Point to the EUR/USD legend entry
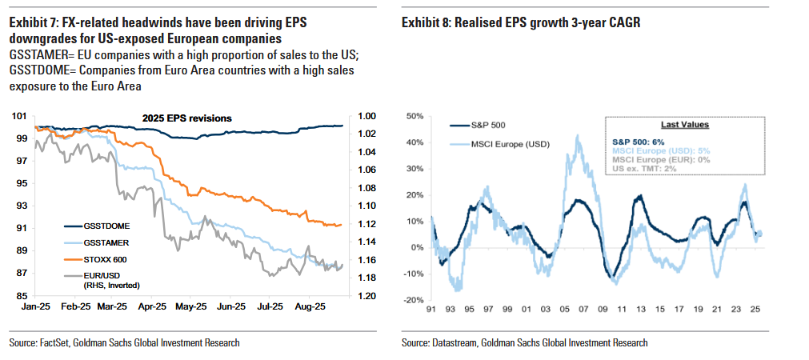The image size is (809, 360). (81, 274)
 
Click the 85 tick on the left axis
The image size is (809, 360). (21, 296)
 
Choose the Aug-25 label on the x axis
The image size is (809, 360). (310, 306)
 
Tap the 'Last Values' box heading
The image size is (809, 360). (684, 125)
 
